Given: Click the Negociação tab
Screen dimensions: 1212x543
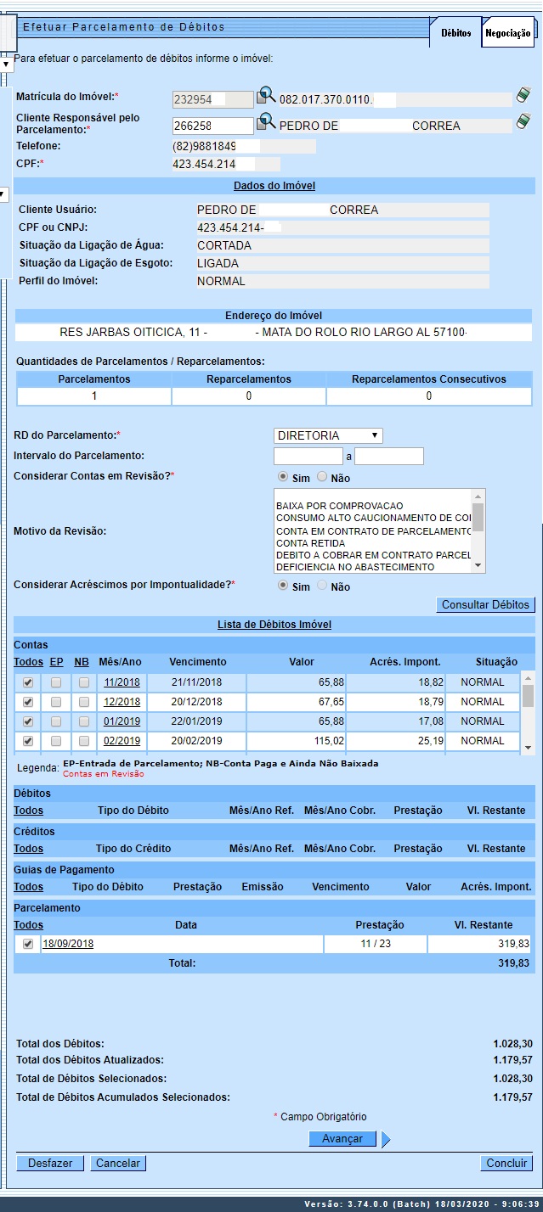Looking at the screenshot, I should pos(508,33).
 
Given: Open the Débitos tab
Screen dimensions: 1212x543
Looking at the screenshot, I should pos(456,33).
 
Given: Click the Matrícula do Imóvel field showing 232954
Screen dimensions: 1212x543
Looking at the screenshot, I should pos(212,99).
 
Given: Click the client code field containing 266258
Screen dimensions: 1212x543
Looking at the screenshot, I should pos(212,126).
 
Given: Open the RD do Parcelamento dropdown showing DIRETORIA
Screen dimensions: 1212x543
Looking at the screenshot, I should pos(328,435).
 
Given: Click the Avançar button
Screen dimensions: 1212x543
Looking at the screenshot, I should pos(342,1139).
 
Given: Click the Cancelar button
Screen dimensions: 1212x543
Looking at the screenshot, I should pos(118,1164).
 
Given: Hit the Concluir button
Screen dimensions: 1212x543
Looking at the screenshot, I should pos(507,1164).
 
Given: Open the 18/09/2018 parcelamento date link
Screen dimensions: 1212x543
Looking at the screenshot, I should pos(68,945).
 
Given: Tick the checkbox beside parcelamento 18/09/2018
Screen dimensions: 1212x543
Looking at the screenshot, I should pos(28,945).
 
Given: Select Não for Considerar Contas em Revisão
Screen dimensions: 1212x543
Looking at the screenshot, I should pos(322,478).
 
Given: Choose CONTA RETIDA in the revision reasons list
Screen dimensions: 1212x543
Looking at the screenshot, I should pos(310,543).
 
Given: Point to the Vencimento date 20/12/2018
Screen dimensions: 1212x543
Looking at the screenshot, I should pos(197,702).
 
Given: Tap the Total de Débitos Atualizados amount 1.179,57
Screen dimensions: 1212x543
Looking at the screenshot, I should pos(512,1060).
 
